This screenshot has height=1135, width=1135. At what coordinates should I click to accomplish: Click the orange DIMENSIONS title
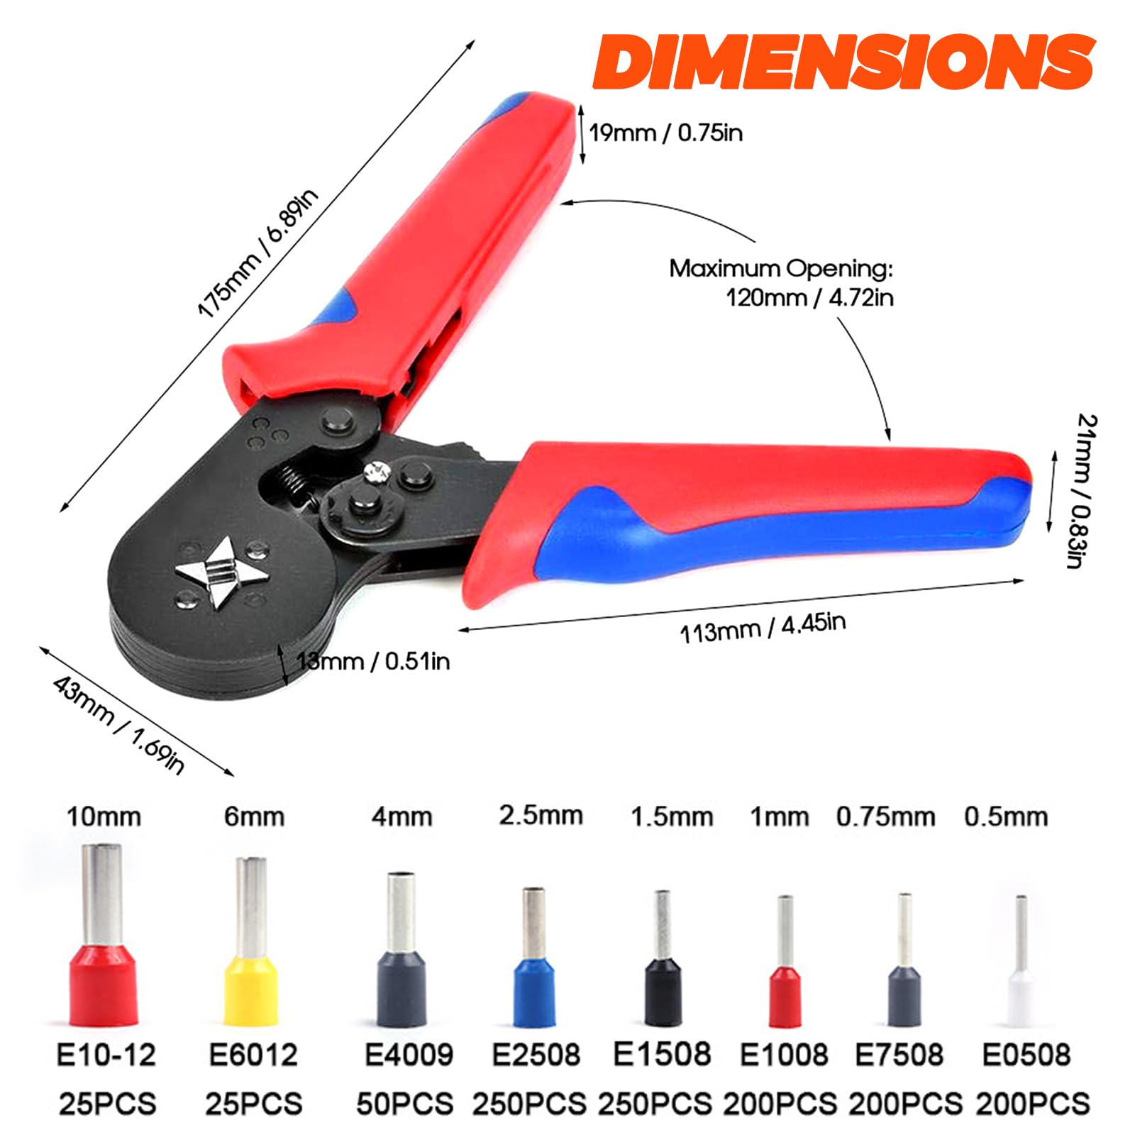843,62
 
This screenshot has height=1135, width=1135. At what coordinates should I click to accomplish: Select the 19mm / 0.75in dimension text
665,133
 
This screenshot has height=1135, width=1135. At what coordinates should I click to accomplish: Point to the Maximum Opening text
781,270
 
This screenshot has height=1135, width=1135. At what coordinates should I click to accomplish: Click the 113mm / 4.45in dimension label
763,629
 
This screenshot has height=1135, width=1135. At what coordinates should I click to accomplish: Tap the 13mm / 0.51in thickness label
373,662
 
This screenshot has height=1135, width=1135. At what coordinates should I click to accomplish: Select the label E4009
409,1054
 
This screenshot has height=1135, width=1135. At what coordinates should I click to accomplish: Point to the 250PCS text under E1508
655,1104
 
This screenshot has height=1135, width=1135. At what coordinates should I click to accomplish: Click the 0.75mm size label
885,816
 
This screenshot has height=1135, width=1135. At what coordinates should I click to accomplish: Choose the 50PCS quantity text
404,1104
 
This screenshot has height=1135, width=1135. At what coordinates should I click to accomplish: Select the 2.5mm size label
541,815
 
